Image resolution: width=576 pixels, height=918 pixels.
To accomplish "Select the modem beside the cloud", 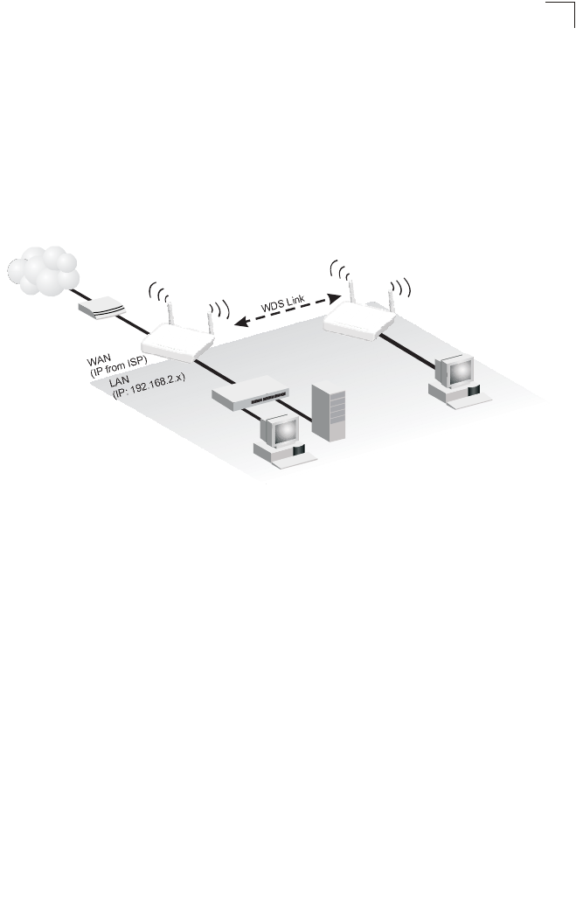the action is pyautogui.click(x=102, y=308).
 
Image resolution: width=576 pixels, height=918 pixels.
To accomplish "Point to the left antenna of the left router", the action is pyautogui.click(x=170, y=309).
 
